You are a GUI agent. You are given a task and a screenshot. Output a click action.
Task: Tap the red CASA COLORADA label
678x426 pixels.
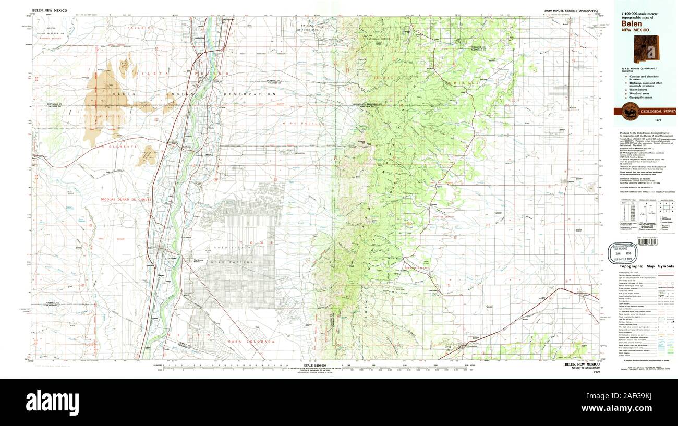[x=243, y=342]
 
